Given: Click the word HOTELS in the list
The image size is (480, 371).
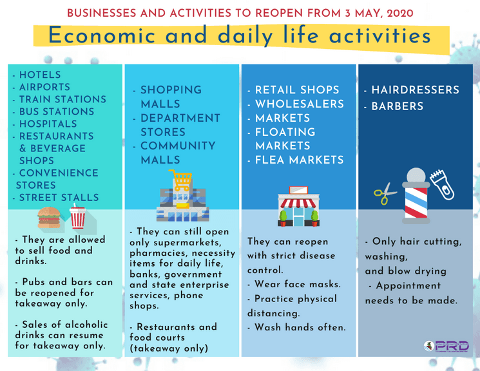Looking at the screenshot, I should (x=40, y=75).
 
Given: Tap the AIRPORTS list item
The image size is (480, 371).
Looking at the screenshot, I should (x=44, y=88).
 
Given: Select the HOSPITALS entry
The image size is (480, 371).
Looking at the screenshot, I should (x=48, y=124).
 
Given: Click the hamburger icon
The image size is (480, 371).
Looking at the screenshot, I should (x=49, y=219).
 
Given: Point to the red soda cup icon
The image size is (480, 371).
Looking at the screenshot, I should (x=77, y=219).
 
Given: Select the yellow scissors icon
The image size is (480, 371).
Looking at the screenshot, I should (x=385, y=193).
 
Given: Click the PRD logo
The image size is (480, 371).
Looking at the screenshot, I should (x=446, y=347).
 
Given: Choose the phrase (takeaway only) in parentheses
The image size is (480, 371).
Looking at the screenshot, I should (x=169, y=348).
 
